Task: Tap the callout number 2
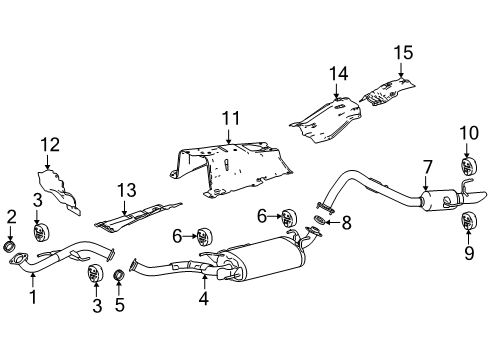(x=12, y=216)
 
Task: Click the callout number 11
(x=231, y=119)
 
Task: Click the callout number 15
(x=401, y=52)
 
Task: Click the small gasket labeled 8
(x=321, y=218)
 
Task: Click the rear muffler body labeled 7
(x=436, y=203)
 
